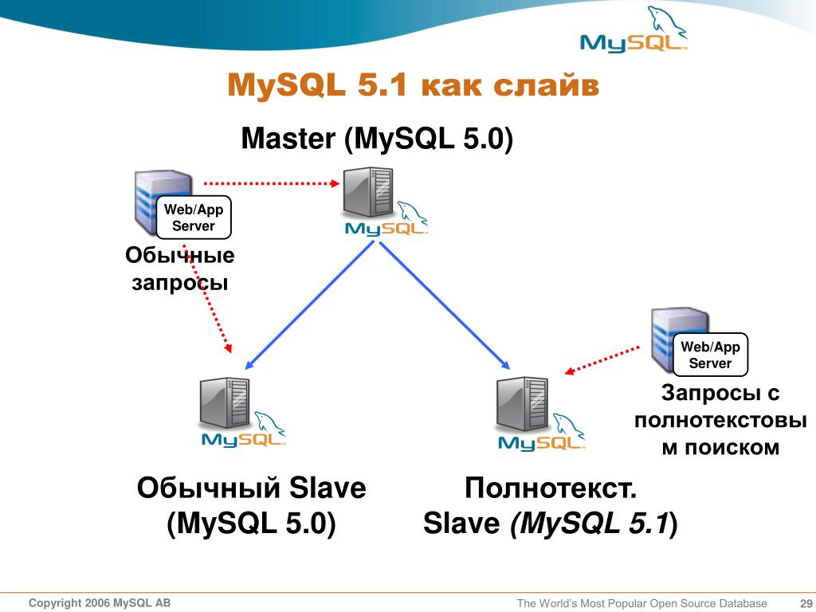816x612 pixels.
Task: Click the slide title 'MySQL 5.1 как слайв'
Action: coord(414,85)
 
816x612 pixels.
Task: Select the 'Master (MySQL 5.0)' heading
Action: coord(377,139)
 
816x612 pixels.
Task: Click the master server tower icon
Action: coord(368,192)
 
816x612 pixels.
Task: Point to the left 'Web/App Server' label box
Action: coord(194,218)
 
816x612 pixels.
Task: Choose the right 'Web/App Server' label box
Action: coord(710,355)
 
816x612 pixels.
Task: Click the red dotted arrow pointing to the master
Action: coord(272,183)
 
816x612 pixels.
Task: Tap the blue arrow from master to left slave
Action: coord(310,305)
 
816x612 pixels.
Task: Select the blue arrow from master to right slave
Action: coord(445,306)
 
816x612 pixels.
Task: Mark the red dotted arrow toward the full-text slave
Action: coord(602,360)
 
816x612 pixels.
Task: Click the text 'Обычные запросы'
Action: coord(180,269)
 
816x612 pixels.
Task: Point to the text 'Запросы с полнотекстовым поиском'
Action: coord(720,420)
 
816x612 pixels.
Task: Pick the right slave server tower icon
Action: coord(523,404)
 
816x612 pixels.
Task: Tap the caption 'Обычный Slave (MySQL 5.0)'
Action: coord(251,505)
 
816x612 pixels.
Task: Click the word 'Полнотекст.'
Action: coord(551,488)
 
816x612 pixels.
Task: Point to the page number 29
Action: coord(806,603)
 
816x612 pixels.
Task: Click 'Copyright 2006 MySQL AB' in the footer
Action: coord(100,602)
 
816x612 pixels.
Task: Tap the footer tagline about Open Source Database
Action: coord(641,603)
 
